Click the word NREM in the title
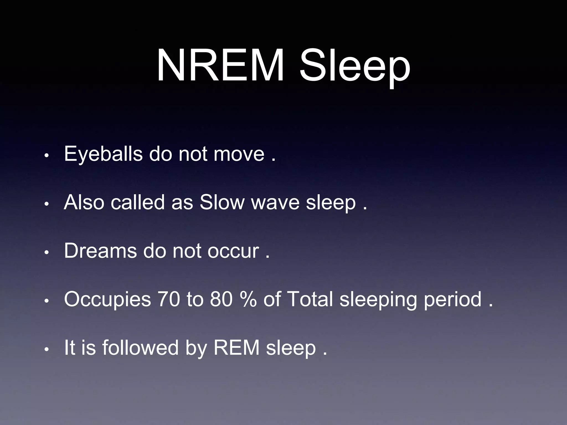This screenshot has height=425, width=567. point(220,66)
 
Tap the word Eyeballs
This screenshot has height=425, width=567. point(103,154)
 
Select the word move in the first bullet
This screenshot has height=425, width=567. point(239,154)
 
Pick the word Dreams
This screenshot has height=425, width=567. point(100,251)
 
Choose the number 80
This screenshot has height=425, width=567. point(221,299)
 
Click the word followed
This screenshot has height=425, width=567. point(140,348)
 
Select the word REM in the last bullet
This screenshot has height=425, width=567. point(236,348)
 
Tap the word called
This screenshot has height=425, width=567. point(138,202)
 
